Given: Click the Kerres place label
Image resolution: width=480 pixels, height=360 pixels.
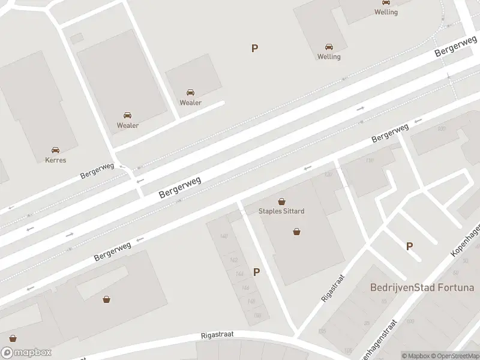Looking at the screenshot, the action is coord(55,160).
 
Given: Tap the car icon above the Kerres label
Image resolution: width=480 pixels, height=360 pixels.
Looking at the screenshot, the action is coord(55,150).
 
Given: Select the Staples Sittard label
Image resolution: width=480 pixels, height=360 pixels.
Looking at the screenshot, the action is coord(281,211).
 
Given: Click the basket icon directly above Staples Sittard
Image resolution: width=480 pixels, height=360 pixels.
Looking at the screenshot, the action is coord(281,202).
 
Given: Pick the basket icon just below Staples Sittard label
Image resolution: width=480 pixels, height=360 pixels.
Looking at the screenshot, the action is coord(296,231).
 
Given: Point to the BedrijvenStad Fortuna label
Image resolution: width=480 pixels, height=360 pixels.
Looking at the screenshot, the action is coord(422,287).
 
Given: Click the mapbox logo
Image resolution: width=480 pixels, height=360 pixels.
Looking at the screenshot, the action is coord(26,353).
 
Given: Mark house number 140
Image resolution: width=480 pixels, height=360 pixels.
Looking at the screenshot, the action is coord(224,236).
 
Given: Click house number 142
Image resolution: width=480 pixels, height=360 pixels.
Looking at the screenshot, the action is coord(233,260).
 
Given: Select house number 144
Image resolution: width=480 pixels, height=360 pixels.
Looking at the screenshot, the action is coord(239,274).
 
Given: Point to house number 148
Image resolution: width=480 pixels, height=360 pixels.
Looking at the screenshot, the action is coord(251,301).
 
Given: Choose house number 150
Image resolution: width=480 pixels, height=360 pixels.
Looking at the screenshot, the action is coord(257,315).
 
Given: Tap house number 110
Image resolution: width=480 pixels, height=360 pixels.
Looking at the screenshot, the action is coord(369,161).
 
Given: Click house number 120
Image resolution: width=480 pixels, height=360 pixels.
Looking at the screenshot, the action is coord(328,175).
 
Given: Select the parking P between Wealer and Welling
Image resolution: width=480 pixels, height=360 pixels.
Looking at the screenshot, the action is coord(255,49).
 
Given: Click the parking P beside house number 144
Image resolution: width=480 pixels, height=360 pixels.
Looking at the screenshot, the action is coord(257,272).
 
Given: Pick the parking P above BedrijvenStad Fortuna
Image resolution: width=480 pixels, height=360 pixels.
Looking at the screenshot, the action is coord(410,246).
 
